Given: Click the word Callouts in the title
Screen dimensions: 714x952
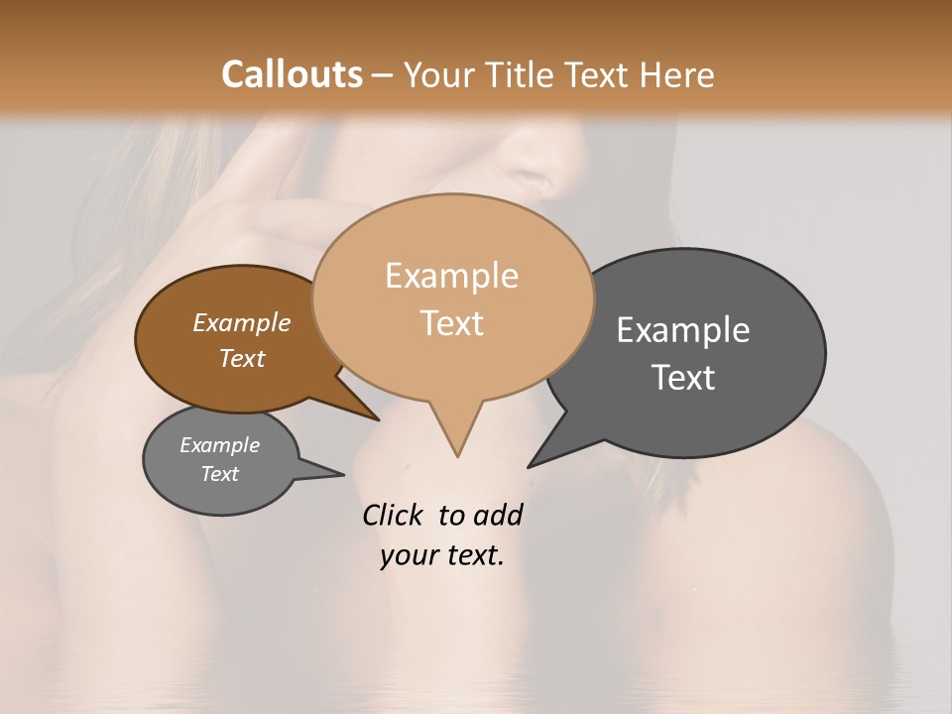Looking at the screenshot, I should tap(292, 74).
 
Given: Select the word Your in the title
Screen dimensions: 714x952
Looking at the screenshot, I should tap(440, 74).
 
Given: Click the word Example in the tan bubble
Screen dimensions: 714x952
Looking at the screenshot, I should tap(451, 276).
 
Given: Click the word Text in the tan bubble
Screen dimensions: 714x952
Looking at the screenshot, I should tap(451, 323).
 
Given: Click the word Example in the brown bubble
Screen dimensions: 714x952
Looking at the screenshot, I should tap(241, 322).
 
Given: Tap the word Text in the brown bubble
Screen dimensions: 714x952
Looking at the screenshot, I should tap(241, 358).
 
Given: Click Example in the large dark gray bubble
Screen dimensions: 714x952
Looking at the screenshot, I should tap(683, 329).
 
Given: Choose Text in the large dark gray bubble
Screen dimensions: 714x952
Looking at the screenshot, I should tap(683, 377).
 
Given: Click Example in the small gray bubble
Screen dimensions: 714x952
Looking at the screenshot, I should tap(219, 445).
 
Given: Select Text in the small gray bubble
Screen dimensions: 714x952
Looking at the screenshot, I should tap(219, 474).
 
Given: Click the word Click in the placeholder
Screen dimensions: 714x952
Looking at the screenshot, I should tap(394, 515).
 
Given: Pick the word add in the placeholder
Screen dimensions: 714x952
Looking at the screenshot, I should tap(498, 515).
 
